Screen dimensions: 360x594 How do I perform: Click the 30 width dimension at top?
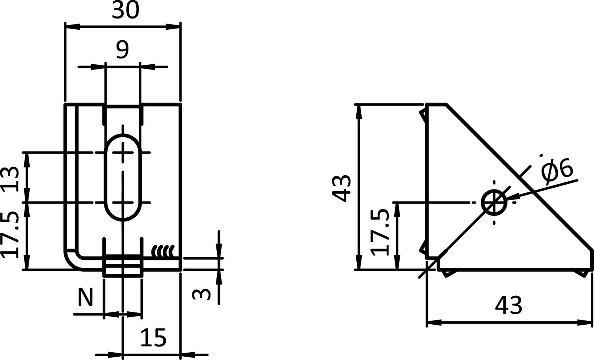pyautogui.click(x=125, y=12)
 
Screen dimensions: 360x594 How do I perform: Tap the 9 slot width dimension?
pyautogui.click(x=122, y=50)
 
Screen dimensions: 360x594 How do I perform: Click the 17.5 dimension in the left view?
pyautogui.click(x=11, y=235)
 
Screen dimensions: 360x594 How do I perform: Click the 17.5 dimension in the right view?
pyautogui.click(x=381, y=232)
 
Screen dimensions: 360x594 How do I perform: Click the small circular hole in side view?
pyautogui.click(x=494, y=203)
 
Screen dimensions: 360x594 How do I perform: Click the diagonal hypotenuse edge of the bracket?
pyautogui.click(x=520, y=178)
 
